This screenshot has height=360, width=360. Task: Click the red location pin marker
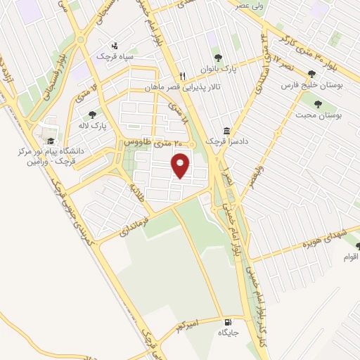[182, 166]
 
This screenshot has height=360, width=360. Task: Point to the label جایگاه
[230, 332]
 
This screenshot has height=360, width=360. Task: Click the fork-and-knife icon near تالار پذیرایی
[182, 76]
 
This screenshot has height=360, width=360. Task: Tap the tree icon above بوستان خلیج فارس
[312, 74]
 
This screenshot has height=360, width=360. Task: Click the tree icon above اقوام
[358, 246]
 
